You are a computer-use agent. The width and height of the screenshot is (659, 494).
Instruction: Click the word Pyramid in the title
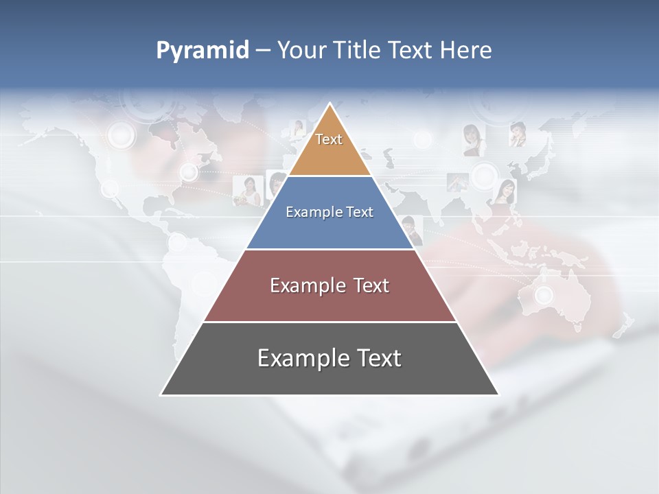[x=202, y=50]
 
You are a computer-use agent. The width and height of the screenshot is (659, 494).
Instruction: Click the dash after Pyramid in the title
[x=262, y=51]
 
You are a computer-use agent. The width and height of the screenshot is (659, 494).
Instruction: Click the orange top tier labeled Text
[x=329, y=148]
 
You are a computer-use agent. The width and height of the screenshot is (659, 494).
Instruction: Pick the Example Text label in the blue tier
[x=329, y=212]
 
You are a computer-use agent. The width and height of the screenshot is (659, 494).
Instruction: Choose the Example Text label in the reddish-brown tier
[x=329, y=285]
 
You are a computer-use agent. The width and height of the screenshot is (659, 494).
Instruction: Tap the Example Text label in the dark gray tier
[x=329, y=358]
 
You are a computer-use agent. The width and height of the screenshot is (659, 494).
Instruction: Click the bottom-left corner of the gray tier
[x=161, y=395]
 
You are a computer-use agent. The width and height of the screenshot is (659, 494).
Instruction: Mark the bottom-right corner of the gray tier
[x=498, y=395]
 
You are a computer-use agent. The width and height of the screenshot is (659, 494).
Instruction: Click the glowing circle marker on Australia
[x=544, y=295]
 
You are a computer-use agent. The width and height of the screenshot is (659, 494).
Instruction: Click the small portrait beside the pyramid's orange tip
[x=298, y=128]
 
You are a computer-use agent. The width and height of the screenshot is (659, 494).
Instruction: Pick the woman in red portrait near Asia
[x=505, y=191]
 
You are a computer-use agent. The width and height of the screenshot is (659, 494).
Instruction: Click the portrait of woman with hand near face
[x=517, y=134]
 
